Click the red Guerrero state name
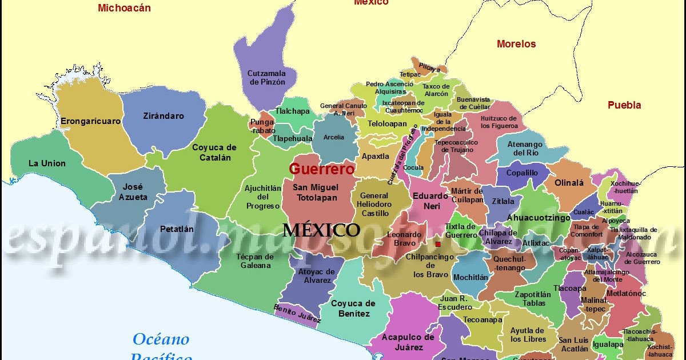pyautogui.click(x=322, y=169)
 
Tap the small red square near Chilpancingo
pyautogui.click(x=438, y=245)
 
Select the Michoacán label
pyautogui.click(x=124, y=8)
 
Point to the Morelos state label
pyautogui.click(x=516, y=44)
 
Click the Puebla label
pyautogui.click(x=624, y=105)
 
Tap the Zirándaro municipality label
pyautogui.click(x=163, y=116)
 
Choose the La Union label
pyautogui.click(x=47, y=163)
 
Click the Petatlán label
pyautogui.click(x=177, y=229)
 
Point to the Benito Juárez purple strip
pyautogui.click(x=297, y=315)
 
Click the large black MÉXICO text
pyautogui.click(x=321, y=230)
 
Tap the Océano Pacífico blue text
pyautogui.click(x=161, y=347)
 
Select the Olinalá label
pyautogui.click(x=569, y=183)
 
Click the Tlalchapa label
pyautogui.click(x=292, y=111)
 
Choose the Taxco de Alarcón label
pyautogui.click(x=436, y=90)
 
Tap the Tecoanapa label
pyautogui.click(x=482, y=320)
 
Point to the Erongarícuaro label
pyautogui.click(x=90, y=121)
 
